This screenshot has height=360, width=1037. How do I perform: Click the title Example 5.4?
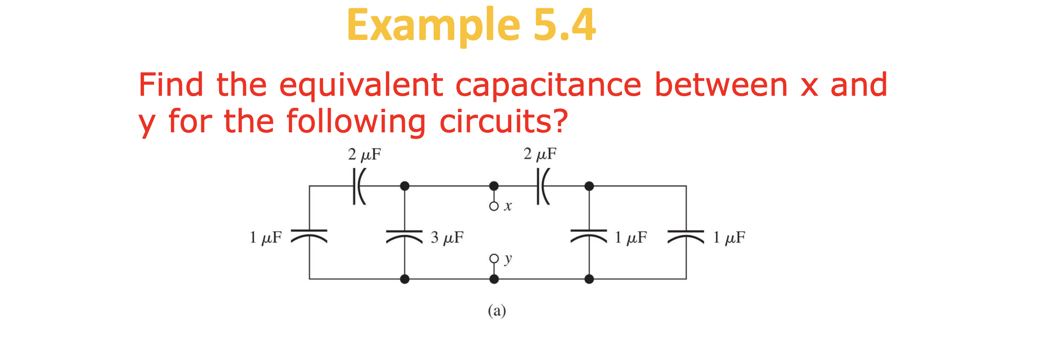[x=471, y=25]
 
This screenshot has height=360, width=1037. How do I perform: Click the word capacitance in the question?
[x=548, y=85]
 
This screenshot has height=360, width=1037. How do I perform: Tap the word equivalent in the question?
[x=361, y=85]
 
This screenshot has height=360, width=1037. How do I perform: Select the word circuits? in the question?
[x=503, y=121]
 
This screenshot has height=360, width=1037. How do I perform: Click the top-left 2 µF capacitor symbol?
[x=359, y=186]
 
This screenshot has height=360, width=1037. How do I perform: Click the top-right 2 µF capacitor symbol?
[x=543, y=186]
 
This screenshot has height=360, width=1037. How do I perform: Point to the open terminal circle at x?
[x=493, y=206]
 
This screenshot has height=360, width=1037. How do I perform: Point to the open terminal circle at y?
[x=493, y=258]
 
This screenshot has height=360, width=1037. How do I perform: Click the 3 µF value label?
[x=447, y=238]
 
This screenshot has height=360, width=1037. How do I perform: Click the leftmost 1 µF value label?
[x=265, y=238]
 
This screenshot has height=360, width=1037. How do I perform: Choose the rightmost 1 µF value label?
[x=729, y=238]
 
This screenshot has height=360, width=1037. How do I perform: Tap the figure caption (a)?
[x=497, y=311]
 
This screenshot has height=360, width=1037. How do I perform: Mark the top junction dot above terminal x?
[x=493, y=186]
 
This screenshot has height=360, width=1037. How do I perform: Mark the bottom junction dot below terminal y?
[x=493, y=279]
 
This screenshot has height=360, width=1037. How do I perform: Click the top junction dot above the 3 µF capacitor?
[x=404, y=186]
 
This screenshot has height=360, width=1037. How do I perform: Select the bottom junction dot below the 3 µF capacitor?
[x=404, y=279]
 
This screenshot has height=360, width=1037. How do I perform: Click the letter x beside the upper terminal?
[x=507, y=207]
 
